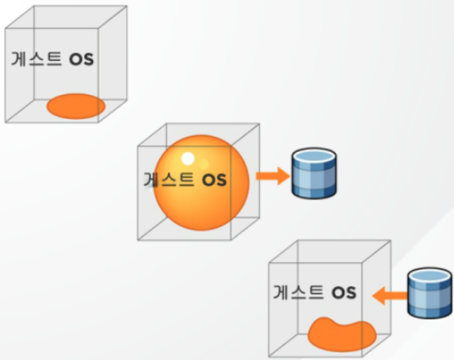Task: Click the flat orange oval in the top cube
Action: pos(76,106)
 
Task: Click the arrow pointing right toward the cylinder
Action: pos(272,176)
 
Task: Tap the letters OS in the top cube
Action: pos(81,60)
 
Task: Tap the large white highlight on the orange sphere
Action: pos(188,159)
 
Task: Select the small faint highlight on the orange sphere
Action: pos(203,163)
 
